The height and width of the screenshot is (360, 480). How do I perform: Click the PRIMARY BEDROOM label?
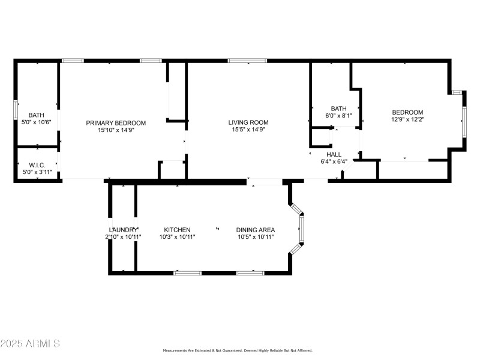click(x=116, y=123)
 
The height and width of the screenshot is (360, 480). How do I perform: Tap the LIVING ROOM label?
click(x=248, y=123)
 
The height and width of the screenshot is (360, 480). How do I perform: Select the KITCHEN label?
click(x=177, y=230)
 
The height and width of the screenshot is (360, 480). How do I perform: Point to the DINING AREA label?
click(x=256, y=230)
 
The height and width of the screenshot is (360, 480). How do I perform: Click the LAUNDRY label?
click(x=124, y=230)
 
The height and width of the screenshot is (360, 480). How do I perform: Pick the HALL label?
click(x=334, y=154)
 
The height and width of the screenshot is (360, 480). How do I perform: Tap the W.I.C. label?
click(x=37, y=165)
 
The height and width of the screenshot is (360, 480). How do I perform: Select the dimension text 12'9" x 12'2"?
click(x=407, y=119)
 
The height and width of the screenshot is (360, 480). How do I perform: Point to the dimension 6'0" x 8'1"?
click(x=338, y=116)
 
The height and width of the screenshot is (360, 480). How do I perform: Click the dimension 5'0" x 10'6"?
click(x=37, y=122)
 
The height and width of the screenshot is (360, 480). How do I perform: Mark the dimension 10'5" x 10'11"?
click(x=256, y=237)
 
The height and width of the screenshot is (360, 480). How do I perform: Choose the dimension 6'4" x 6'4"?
click(x=334, y=161)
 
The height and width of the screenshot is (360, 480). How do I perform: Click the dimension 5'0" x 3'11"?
click(x=37, y=172)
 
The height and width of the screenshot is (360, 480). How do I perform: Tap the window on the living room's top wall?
click(x=248, y=60)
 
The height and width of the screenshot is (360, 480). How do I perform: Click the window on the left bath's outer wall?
click(x=16, y=111)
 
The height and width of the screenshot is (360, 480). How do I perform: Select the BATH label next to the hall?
click(x=338, y=109)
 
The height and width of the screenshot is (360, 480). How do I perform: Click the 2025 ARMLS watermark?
click(x=30, y=344)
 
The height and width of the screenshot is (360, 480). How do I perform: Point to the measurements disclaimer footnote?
click(x=240, y=350)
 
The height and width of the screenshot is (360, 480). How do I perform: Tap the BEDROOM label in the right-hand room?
click(x=407, y=112)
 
